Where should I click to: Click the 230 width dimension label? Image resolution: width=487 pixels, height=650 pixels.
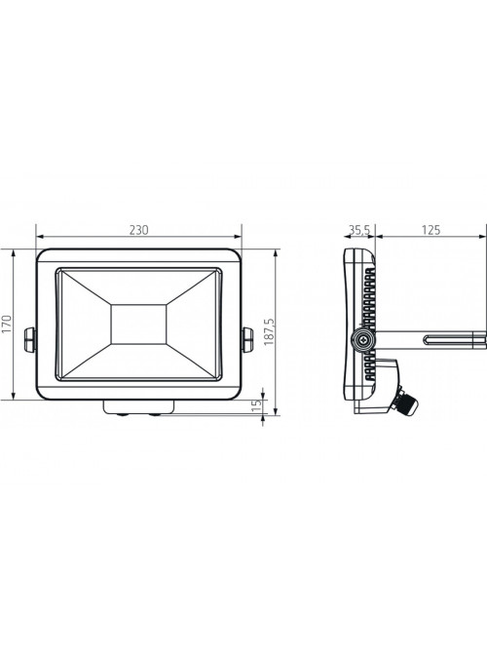[138, 230]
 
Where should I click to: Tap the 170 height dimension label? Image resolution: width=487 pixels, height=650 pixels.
[7, 325]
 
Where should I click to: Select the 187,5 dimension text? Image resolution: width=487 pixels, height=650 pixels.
[269, 332]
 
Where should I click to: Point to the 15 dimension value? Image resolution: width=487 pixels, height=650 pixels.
[257, 404]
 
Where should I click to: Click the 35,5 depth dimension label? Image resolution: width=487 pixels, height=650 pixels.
[359, 230]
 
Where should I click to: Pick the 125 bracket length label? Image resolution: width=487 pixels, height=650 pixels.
[431, 230]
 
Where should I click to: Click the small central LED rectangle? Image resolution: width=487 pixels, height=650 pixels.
[138, 325]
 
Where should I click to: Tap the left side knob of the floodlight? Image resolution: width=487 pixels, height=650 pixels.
[30, 340]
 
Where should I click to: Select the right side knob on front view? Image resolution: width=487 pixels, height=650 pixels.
[247, 340]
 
